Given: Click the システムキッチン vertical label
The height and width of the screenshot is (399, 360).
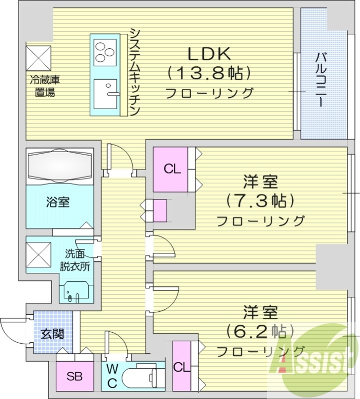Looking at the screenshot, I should click(x=135, y=71).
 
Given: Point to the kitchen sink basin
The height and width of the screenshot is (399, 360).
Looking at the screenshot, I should click(x=105, y=93).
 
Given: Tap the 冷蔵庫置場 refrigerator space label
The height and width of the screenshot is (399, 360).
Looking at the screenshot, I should click(x=41, y=85).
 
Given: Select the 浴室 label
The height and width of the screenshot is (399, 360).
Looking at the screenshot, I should click(x=58, y=202).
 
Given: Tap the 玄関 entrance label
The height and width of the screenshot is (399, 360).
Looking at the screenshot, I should click(x=52, y=334).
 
